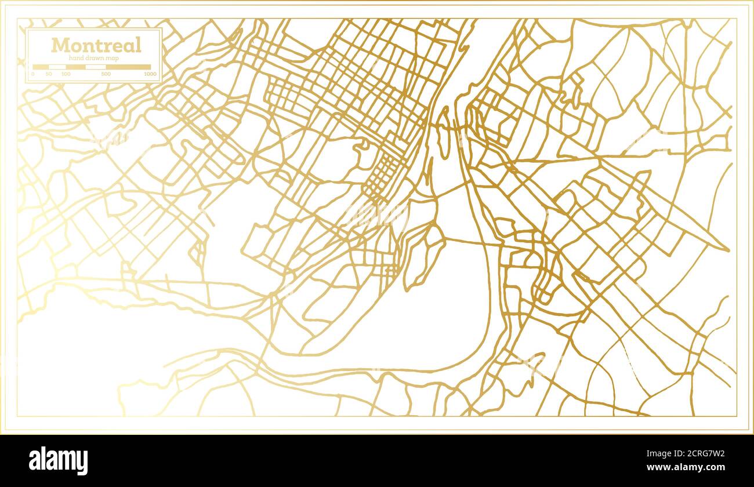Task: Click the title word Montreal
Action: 96,45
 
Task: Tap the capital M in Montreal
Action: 59,45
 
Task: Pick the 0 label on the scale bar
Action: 33,74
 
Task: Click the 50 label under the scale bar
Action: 49,74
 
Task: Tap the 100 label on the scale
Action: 66,74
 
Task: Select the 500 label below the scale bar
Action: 106,74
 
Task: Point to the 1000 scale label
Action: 150,74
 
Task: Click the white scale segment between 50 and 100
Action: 57,67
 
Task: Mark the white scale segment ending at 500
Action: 96,67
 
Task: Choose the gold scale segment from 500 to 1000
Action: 128,67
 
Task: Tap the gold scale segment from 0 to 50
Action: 41,67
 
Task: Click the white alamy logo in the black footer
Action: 58,461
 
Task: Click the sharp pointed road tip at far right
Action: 728,250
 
